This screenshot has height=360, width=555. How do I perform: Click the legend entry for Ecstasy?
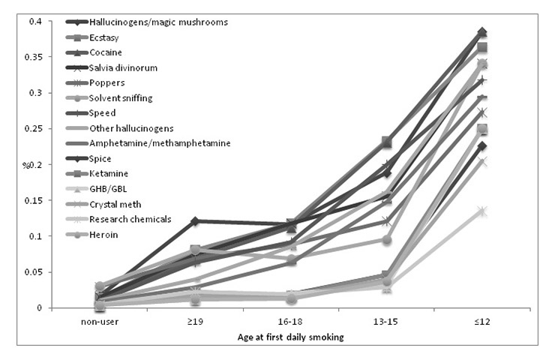(104, 37)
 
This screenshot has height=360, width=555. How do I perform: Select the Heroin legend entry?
(103, 235)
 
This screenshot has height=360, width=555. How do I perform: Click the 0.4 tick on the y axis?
(35, 21)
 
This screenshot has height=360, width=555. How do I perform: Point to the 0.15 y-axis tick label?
(33, 200)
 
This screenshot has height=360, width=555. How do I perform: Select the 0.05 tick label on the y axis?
(33, 272)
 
